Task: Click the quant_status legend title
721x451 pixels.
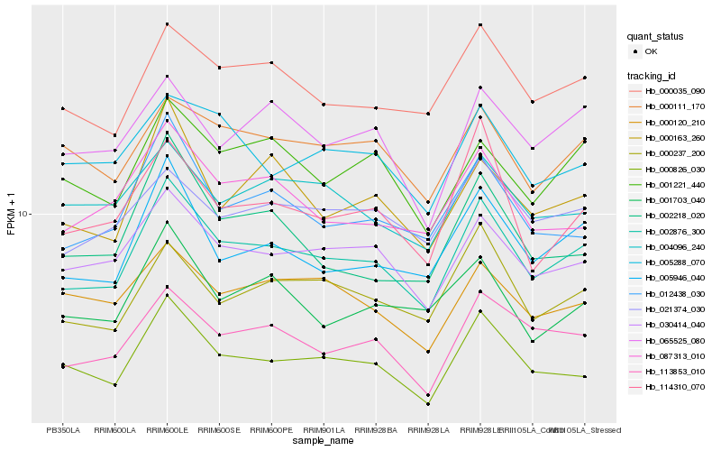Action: point(655,37)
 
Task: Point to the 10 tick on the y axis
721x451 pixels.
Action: point(24,215)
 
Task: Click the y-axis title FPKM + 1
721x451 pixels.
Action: point(11,215)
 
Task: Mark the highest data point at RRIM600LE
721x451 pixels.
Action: point(167,24)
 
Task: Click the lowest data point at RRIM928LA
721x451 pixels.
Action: point(428,404)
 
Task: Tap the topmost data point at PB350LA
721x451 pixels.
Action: point(62,109)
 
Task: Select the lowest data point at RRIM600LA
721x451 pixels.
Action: point(114,385)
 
